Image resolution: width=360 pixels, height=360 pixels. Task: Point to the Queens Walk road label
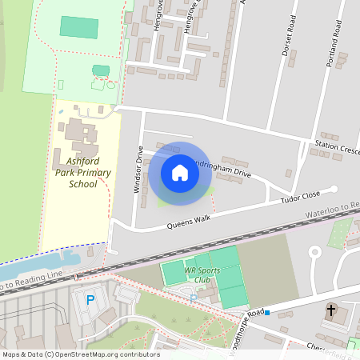187,222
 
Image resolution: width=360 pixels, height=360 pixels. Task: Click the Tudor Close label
300,197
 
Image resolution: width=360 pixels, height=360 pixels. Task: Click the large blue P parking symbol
90,301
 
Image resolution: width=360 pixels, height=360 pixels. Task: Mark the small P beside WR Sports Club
193,298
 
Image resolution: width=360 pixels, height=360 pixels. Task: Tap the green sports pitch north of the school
79,27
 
